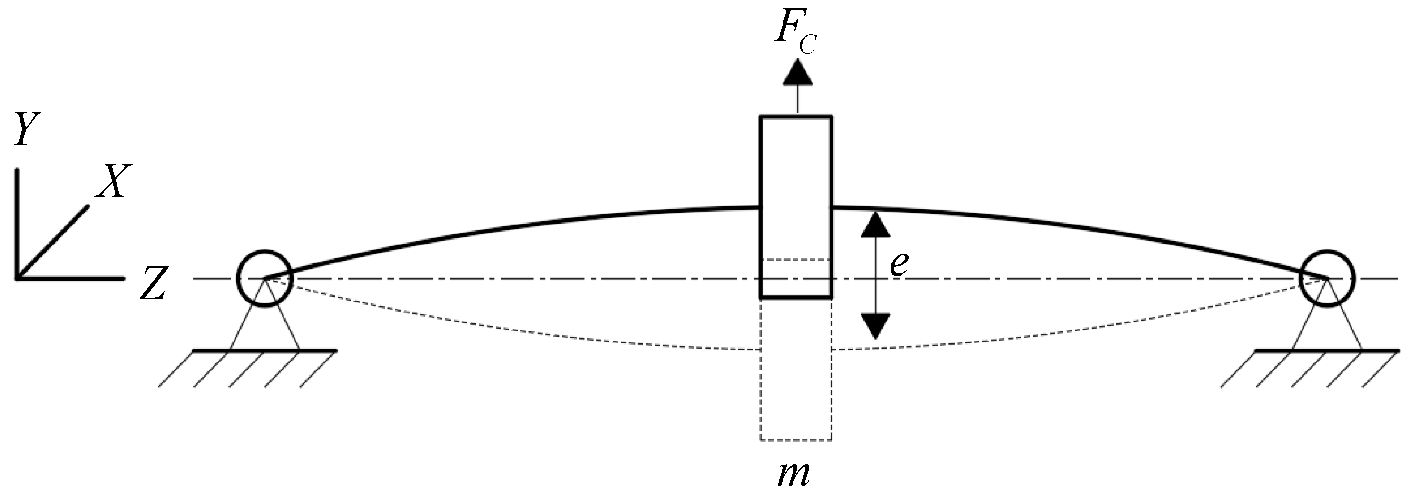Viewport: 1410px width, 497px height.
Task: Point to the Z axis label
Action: (153, 284)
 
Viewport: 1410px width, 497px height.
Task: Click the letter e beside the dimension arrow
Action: (899, 264)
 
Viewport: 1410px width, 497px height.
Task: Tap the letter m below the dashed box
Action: (793, 474)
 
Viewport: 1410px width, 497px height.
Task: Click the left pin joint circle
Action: (265, 279)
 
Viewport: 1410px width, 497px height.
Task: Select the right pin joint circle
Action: (1327, 279)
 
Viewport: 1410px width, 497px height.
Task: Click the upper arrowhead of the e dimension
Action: (876, 225)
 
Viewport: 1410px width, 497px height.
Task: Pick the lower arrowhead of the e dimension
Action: (876, 326)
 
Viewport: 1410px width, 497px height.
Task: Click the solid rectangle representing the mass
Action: (796, 164)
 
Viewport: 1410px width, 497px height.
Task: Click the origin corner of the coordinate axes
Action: (18, 278)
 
